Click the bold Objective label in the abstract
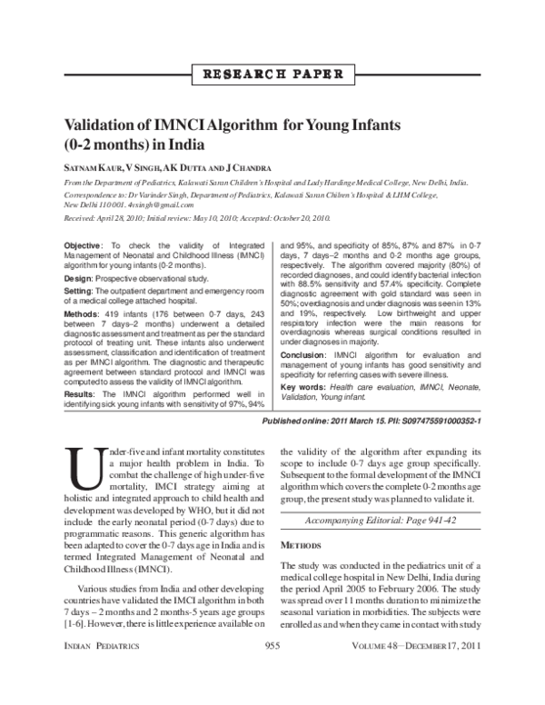84,247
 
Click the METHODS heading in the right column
301,545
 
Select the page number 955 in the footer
272,670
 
